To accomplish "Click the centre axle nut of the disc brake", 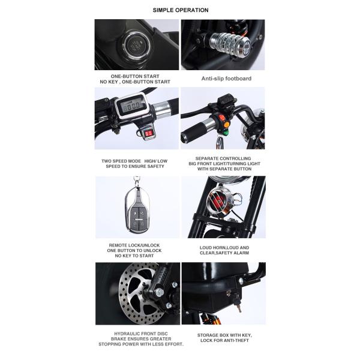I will pos(161,293).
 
